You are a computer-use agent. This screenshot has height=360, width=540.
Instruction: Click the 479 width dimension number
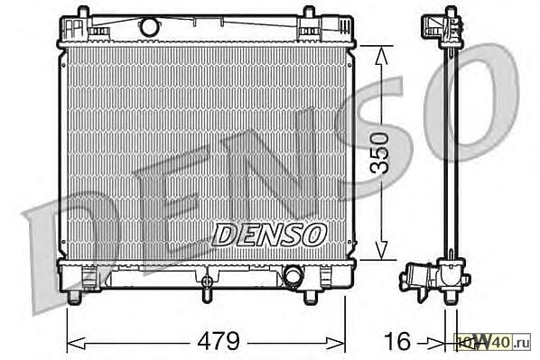219,341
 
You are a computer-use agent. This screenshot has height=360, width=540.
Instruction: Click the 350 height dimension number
379,152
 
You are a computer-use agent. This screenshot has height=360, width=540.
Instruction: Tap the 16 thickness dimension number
397,341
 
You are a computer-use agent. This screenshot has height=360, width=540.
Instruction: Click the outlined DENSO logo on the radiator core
269,235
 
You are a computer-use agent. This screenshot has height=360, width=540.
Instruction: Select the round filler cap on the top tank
150,26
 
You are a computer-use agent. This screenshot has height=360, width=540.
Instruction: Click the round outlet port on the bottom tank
293,274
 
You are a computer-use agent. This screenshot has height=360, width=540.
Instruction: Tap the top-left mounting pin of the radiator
83,13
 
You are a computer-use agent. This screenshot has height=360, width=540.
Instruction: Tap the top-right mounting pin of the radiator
309,13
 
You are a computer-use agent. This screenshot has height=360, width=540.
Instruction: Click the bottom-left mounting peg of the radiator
74,298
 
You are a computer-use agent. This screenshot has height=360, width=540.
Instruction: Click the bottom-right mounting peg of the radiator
311,298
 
